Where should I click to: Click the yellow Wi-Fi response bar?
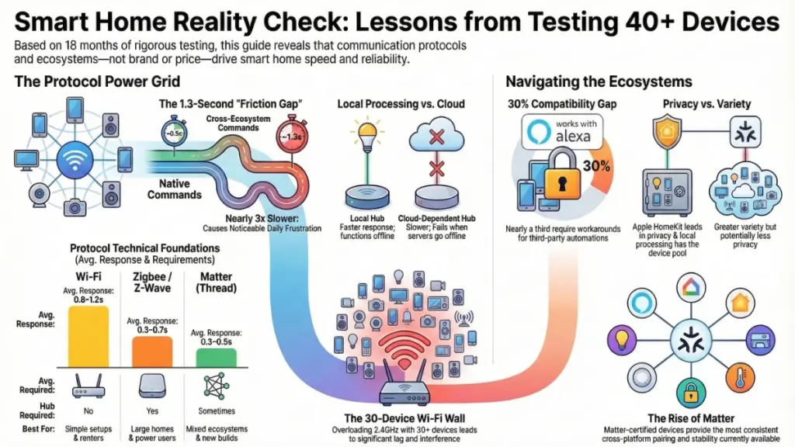(x=89, y=337)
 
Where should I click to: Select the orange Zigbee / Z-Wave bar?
(x=152, y=352)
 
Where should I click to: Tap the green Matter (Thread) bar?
(x=216, y=358)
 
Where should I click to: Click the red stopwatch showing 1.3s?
(x=292, y=136)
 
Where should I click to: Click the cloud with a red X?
(x=436, y=135)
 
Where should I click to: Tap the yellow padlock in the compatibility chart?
(x=562, y=174)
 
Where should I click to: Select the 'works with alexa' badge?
(x=562, y=130)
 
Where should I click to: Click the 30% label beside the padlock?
(x=596, y=166)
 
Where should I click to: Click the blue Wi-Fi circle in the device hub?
(x=75, y=160)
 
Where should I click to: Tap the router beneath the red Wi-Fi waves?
(x=404, y=390)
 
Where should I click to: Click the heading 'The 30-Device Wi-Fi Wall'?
(x=404, y=418)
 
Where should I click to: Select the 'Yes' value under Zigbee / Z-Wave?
(x=152, y=411)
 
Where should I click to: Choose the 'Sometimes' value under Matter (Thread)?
(x=217, y=411)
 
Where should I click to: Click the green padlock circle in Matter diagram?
(x=691, y=393)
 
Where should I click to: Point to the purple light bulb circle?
(x=622, y=339)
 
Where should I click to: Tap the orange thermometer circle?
(x=740, y=378)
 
